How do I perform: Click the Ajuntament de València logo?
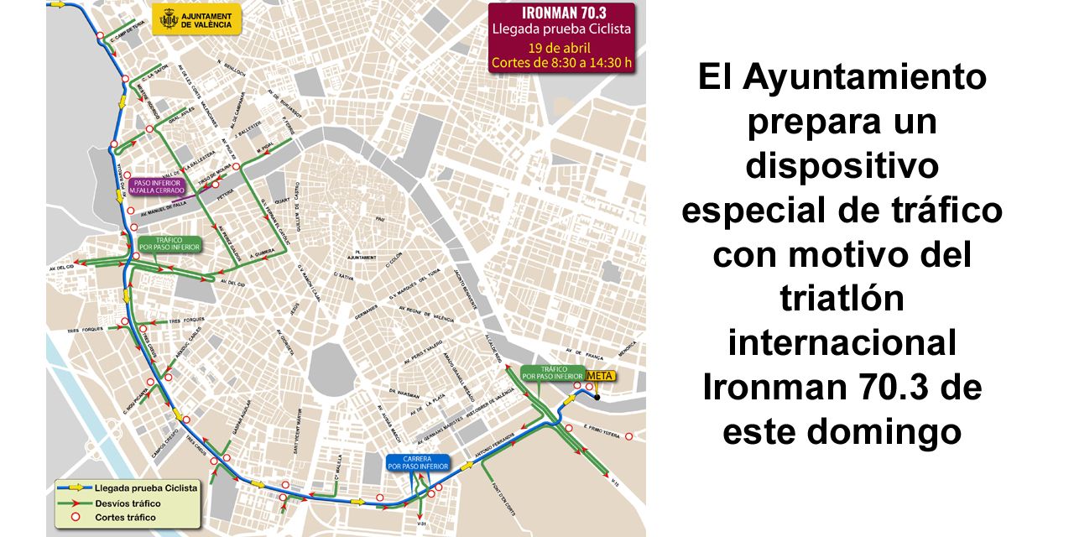tap(196, 19)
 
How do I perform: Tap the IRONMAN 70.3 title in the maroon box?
tap(561, 13)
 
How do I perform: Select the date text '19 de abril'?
tap(561, 46)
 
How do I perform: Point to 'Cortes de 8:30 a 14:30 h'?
tap(561, 62)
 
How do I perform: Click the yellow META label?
tap(599, 375)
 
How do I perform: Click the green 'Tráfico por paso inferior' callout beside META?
tap(552, 373)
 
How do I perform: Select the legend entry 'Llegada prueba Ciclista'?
tap(146, 487)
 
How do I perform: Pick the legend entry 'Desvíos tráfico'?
tap(128, 503)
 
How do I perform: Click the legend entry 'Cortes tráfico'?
tap(125, 518)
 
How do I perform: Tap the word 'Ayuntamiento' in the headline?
tap(864, 78)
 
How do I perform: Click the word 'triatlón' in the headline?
tap(842, 298)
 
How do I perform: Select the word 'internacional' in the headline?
tap(842, 342)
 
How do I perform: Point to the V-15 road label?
tap(615, 480)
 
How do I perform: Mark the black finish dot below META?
tap(597, 397)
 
